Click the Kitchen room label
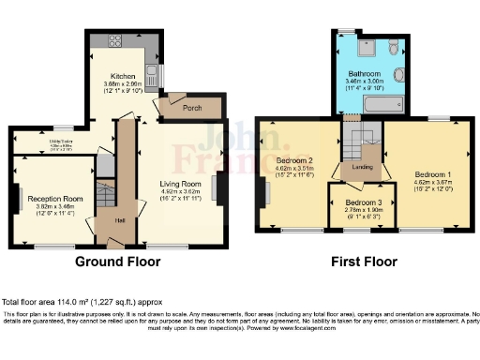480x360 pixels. point(124,76)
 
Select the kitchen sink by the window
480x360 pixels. point(152,73)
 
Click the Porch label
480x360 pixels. point(192,108)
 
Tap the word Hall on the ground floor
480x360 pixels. point(120,220)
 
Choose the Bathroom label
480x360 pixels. point(364,73)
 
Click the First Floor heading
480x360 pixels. point(361,262)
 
